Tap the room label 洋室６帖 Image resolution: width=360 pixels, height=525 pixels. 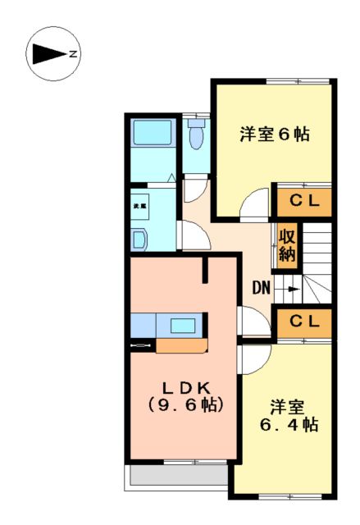click(x=274, y=134)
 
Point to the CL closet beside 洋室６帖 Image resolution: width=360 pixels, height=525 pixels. click(x=303, y=201)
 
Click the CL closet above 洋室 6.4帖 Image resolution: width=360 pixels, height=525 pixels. click(x=303, y=321)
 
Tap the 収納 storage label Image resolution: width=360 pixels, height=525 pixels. click(x=286, y=244)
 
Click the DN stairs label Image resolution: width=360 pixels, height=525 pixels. click(x=261, y=288)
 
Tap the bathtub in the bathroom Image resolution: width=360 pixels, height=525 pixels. click(x=152, y=132)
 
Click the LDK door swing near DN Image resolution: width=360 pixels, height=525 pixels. click(x=248, y=320)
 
